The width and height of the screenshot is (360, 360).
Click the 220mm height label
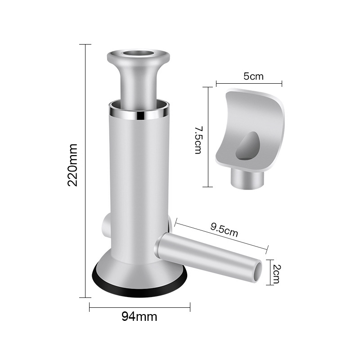click(72, 165)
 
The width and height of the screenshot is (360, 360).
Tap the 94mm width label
click(139, 317)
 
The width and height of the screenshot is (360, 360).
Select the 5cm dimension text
click(253, 76)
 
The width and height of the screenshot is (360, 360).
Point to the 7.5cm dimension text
click(198, 140)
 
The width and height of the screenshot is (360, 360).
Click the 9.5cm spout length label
click(224, 230)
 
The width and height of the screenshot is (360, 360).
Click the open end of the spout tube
click(258, 272)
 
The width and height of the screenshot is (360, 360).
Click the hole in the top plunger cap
click(138, 54)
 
